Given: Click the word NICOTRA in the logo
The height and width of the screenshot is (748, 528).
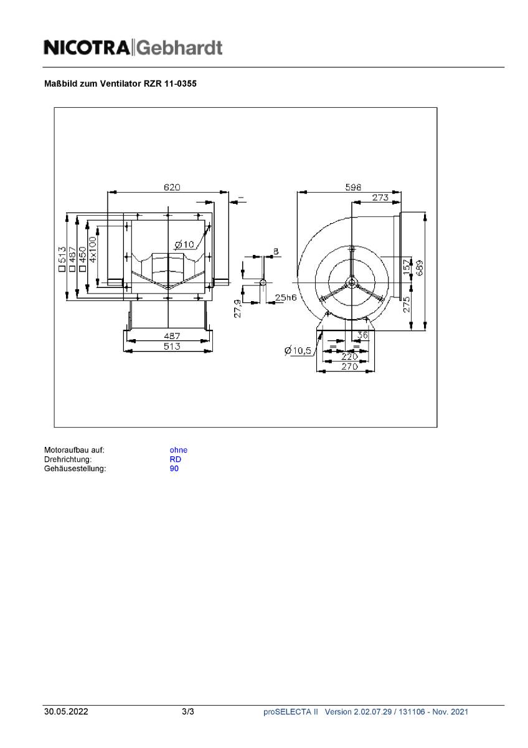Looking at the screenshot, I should pos(87,47).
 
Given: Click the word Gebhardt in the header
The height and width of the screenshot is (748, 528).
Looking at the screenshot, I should pos(179,47).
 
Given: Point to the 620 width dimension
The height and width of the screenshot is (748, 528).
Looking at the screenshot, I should pos(172,188).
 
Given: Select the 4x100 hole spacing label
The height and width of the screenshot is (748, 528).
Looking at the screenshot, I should pos(92,251).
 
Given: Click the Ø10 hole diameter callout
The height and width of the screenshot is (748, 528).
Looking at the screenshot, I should pos(184,244).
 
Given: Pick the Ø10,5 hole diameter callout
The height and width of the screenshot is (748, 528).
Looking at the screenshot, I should pos(298,351).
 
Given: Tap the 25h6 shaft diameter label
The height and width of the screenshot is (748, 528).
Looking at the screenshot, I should pos(286,297).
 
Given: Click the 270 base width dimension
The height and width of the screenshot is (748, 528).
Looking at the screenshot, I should pos(349,367).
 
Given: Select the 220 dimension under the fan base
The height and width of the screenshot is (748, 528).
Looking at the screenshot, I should pos(349,357).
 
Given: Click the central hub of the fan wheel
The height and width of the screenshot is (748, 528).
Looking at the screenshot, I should pos(352,282).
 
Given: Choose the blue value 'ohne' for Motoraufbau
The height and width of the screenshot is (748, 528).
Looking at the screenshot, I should pos(178,450).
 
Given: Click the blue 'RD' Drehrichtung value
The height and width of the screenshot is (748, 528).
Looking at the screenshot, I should pos(175,459).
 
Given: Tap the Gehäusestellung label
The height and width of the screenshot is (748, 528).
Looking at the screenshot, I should pos(75,469).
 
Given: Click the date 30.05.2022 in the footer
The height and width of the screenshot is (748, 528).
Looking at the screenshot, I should pos(65,712).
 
